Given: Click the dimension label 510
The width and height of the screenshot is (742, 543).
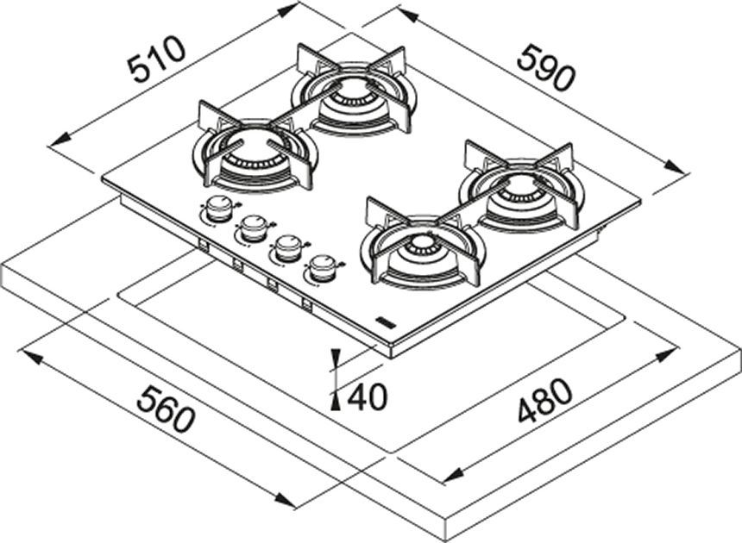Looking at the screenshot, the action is click(x=157, y=60).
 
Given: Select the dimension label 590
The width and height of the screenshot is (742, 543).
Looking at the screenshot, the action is click(x=545, y=67).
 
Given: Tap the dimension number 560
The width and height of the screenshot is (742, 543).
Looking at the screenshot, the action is click(x=166, y=409).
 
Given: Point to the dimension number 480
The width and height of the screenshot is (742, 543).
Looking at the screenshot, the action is click(x=545, y=400).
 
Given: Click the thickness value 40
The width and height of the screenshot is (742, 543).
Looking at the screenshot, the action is click(x=368, y=397).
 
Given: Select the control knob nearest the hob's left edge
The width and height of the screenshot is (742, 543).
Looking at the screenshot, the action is click(x=217, y=209).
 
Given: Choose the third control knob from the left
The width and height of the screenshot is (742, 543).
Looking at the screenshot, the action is click(x=286, y=248).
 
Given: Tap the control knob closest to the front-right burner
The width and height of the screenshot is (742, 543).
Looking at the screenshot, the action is click(x=323, y=268).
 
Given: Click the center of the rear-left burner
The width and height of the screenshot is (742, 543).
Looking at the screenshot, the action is click(x=350, y=92).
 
